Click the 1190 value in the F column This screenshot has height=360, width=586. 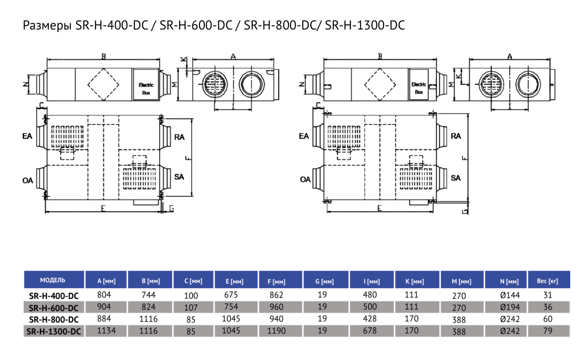[276, 331]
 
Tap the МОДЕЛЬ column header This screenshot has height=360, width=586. [53, 280]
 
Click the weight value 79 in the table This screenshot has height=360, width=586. [547, 331]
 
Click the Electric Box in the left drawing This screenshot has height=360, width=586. [146, 89]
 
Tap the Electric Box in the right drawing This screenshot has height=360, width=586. [419, 88]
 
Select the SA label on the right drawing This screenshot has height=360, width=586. [456, 178]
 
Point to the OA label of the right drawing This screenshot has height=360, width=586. [305, 179]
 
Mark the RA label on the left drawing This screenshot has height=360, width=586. [179, 137]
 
